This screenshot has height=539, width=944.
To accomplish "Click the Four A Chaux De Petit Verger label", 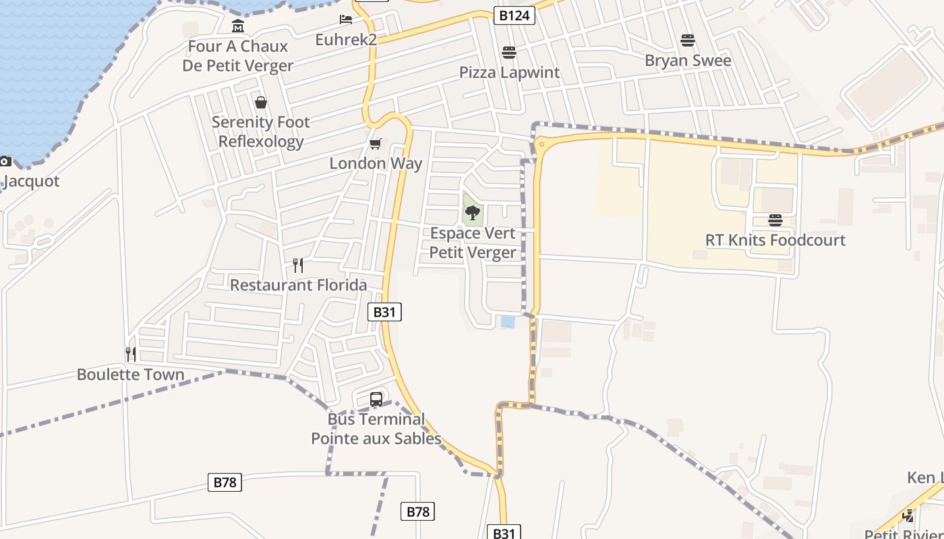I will coord(237,56).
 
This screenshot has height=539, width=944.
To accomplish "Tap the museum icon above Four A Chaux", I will coord(238,26).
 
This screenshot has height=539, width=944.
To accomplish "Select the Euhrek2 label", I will coord(346,40).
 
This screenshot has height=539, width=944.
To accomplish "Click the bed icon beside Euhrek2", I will coord(346,20).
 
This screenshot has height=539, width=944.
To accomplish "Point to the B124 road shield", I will coord(514,15).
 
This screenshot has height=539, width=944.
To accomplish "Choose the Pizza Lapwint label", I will coord(509,72).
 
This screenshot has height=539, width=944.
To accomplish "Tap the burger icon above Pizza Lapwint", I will coord(509,53).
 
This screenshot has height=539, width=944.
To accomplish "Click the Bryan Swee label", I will coord(688,61).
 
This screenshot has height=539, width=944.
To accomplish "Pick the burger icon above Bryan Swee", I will coord(688,40).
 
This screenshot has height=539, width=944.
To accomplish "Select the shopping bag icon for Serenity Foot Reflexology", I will coord(261,102).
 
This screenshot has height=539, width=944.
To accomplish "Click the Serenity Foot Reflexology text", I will coord(261,131).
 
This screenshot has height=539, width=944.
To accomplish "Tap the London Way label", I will coord(376,163).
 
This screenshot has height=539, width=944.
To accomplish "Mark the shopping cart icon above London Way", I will coord(376,144).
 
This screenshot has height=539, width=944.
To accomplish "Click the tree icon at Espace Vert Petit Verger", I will coord(473,214).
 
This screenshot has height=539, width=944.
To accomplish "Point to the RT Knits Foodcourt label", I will coord(775,240).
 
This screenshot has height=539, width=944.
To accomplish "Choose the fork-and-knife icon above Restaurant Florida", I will coord(298,265).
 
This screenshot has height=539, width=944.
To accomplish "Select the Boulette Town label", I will coord(130,375).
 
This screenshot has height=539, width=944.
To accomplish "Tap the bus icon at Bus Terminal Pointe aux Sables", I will coord(376,399).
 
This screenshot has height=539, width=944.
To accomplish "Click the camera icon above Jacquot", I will coord(5,161).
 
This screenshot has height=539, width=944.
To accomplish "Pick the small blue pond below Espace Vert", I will coord(508,322).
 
